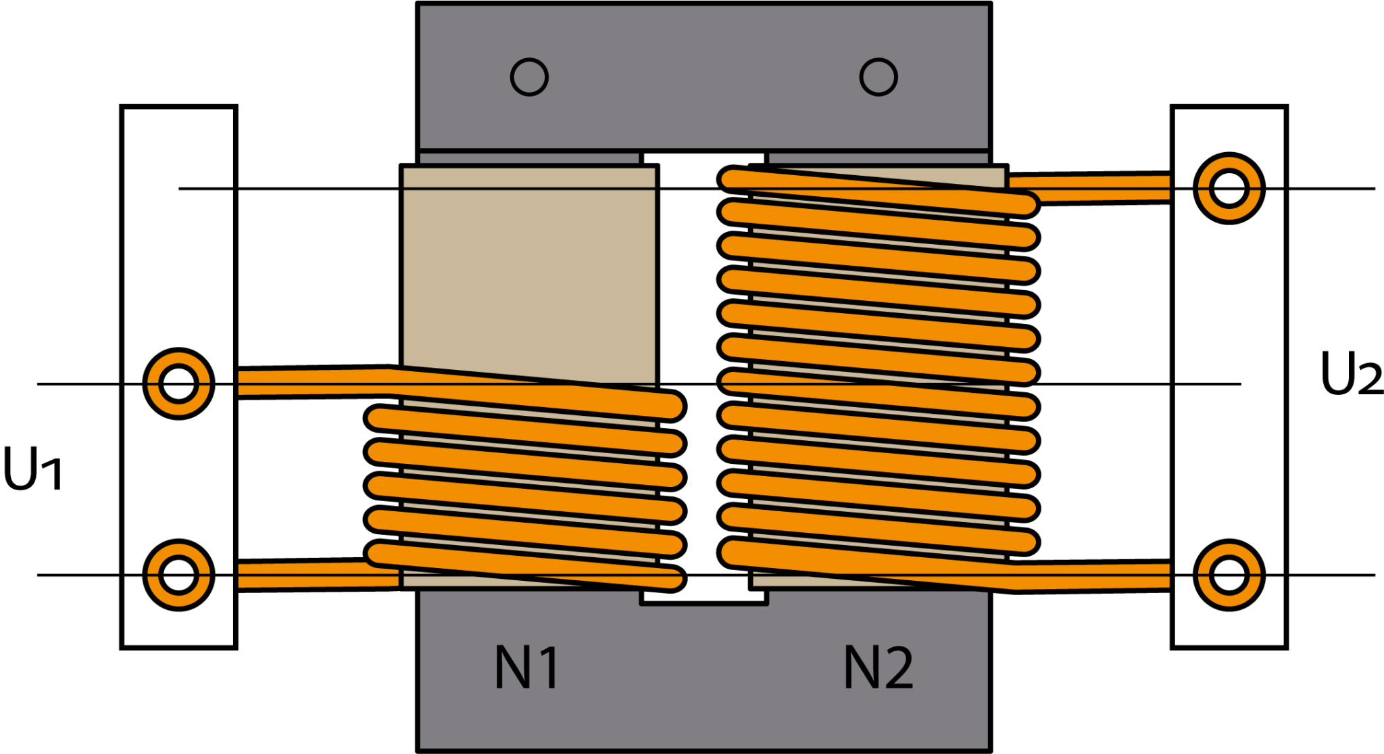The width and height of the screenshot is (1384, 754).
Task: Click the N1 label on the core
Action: tap(526, 667)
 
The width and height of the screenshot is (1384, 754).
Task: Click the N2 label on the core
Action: tap(879, 667)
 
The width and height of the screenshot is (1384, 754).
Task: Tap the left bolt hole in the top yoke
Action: tap(529, 77)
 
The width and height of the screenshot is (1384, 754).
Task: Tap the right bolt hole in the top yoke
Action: tap(879, 77)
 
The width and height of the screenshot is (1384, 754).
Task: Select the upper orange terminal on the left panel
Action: tap(178, 383)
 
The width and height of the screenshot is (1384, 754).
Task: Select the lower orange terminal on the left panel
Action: tap(178, 575)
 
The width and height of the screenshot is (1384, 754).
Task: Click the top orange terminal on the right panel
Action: tap(1229, 188)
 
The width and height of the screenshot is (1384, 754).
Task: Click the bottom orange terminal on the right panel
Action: tap(1229, 575)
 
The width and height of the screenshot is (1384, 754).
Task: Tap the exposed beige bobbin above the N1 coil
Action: tap(528, 277)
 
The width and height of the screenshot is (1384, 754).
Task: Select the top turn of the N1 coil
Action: tap(534, 396)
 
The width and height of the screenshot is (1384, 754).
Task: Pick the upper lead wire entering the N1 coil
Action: tap(311, 382)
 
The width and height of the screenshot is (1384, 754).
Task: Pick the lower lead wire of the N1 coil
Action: tap(311, 575)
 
